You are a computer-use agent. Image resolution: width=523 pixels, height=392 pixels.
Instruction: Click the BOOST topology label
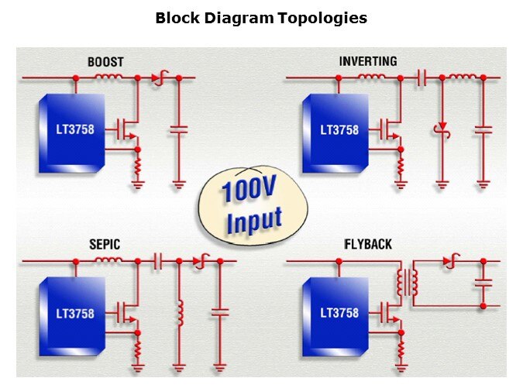pos(105,62)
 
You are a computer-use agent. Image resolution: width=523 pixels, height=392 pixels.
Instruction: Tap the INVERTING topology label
pos(368,61)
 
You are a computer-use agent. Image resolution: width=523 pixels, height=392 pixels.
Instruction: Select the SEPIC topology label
pos(104,245)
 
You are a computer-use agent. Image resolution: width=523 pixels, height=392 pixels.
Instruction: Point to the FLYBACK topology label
pos(368,245)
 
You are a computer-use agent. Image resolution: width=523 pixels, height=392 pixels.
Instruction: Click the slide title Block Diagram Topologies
pos(261,18)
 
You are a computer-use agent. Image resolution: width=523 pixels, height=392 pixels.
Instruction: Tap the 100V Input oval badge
pos(249,204)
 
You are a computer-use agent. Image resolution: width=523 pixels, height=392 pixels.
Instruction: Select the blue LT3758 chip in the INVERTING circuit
pos(339,132)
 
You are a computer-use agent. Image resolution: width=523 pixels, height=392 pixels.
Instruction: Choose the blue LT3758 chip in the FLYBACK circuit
pos(339,315)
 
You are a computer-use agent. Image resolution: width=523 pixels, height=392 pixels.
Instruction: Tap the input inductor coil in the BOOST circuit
pos(108,77)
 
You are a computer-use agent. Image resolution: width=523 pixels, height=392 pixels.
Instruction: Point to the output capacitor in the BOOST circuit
pos(179,129)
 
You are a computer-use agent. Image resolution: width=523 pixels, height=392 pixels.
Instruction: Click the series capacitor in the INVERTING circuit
pos(421,77)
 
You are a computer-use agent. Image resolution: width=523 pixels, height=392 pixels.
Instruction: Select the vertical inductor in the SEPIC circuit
pos(179,312)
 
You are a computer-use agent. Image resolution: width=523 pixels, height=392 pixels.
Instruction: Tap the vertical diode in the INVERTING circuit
pos(442,127)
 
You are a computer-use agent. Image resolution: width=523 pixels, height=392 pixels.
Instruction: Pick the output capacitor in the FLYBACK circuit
pos(483,284)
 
